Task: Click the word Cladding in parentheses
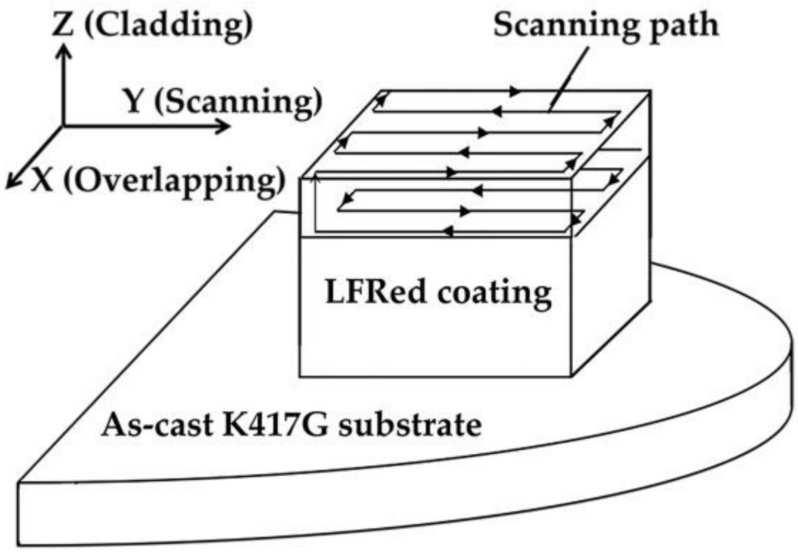[x=168, y=25]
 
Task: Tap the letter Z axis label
[x=63, y=24]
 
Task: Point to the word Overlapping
[x=177, y=181]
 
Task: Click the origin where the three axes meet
[x=64, y=126]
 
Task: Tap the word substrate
[x=409, y=424]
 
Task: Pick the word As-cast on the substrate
[x=156, y=424]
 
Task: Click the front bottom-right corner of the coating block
[x=571, y=376]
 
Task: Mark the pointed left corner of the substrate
[x=19, y=481]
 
